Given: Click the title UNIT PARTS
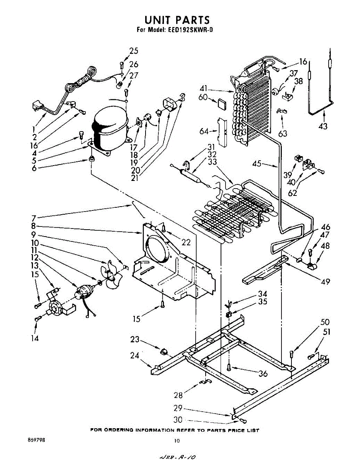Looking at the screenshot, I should point(177,20).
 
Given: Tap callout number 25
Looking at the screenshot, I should point(134,51).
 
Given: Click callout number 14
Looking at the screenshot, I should point(35,338).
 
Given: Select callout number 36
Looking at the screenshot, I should point(263,373).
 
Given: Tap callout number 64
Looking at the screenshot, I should point(204,131).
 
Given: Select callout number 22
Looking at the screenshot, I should point(186,242).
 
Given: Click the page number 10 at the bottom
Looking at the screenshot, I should point(177,441).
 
